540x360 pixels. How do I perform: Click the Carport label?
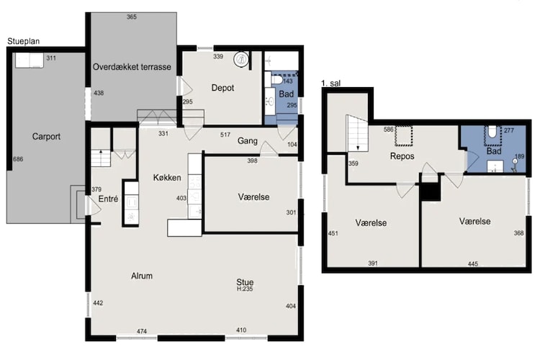[x=46, y=136]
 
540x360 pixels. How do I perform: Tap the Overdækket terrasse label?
[x=132, y=67]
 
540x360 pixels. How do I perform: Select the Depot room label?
[x=222, y=88]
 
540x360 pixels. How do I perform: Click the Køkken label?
[x=167, y=177]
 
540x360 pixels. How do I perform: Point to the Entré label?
[x=108, y=199]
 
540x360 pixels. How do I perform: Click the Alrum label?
[x=142, y=276]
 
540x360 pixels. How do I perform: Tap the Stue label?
[x=245, y=282]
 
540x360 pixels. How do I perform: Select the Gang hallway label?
[x=248, y=141]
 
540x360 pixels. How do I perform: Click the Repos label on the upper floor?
[x=402, y=156]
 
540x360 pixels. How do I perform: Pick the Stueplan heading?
[x=24, y=41]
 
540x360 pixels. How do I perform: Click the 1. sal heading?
[x=330, y=84]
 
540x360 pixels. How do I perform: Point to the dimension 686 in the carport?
[x=18, y=159]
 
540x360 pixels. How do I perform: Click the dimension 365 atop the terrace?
[x=132, y=17]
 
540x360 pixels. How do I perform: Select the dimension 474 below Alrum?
[x=142, y=331]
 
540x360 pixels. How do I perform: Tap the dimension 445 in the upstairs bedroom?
[x=473, y=264]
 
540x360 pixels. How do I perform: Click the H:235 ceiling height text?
[x=245, y=289]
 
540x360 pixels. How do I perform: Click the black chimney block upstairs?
[x=431, y=192]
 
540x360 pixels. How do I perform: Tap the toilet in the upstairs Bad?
[x=492, y=132]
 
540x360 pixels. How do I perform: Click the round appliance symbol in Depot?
[x=241, y=59]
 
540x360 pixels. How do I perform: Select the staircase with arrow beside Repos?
[x=357, y=133]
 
